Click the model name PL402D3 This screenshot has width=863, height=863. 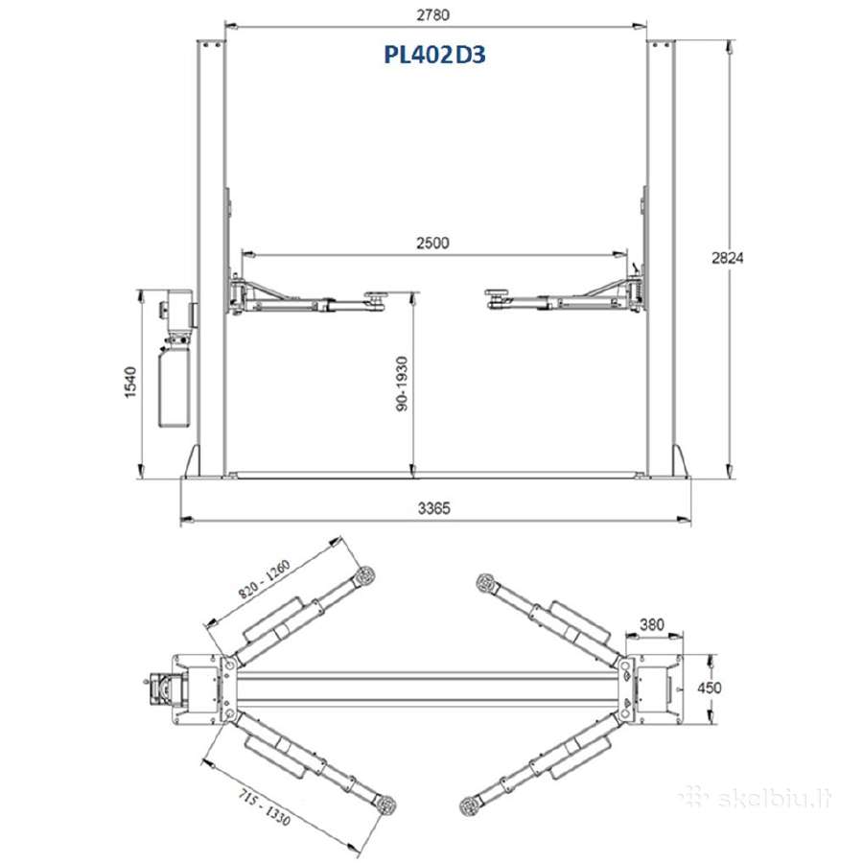(434, 55)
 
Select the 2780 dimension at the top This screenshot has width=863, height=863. (433, 14)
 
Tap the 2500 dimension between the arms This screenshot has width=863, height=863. (432, 243)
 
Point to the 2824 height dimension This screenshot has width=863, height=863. (728, 258)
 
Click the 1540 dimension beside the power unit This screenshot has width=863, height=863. (130, 382)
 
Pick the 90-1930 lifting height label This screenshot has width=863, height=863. (403, 384)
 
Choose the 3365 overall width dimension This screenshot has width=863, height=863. (433, 508)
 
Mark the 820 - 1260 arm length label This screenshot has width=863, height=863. (265, 579)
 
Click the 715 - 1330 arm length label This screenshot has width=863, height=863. (265, 806)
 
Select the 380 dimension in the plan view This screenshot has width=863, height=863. (652, 624)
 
